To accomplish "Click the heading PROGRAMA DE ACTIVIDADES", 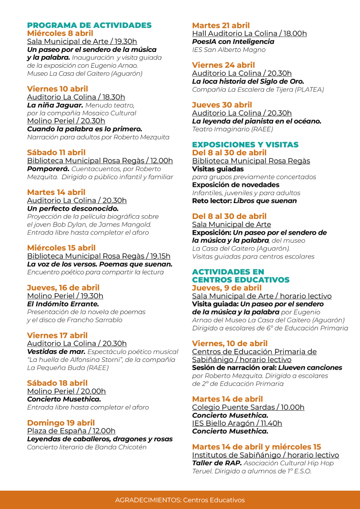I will pyautogui.click(x=89, y=25).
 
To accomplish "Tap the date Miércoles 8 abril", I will pyautogui.click(x=60, y=34).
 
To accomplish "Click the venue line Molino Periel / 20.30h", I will pyautogui.click(x=66, y=121).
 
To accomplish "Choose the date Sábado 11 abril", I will pyautogui.click(x=56, y=152).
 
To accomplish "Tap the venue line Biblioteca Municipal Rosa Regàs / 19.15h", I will pyautogui.click(x=99, y=256).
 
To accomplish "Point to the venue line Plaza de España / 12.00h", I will pyautogui.click(x=71, y=431).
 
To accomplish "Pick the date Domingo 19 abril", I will pyautogui.click(x=61, y=423).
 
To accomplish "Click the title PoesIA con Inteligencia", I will pyautogui.click(x=233, y=42).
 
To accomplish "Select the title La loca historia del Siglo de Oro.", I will pyautogui.click(x=247, y=81).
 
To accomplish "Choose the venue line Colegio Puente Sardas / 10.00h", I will pyautogui.click(x=248, y=407).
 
